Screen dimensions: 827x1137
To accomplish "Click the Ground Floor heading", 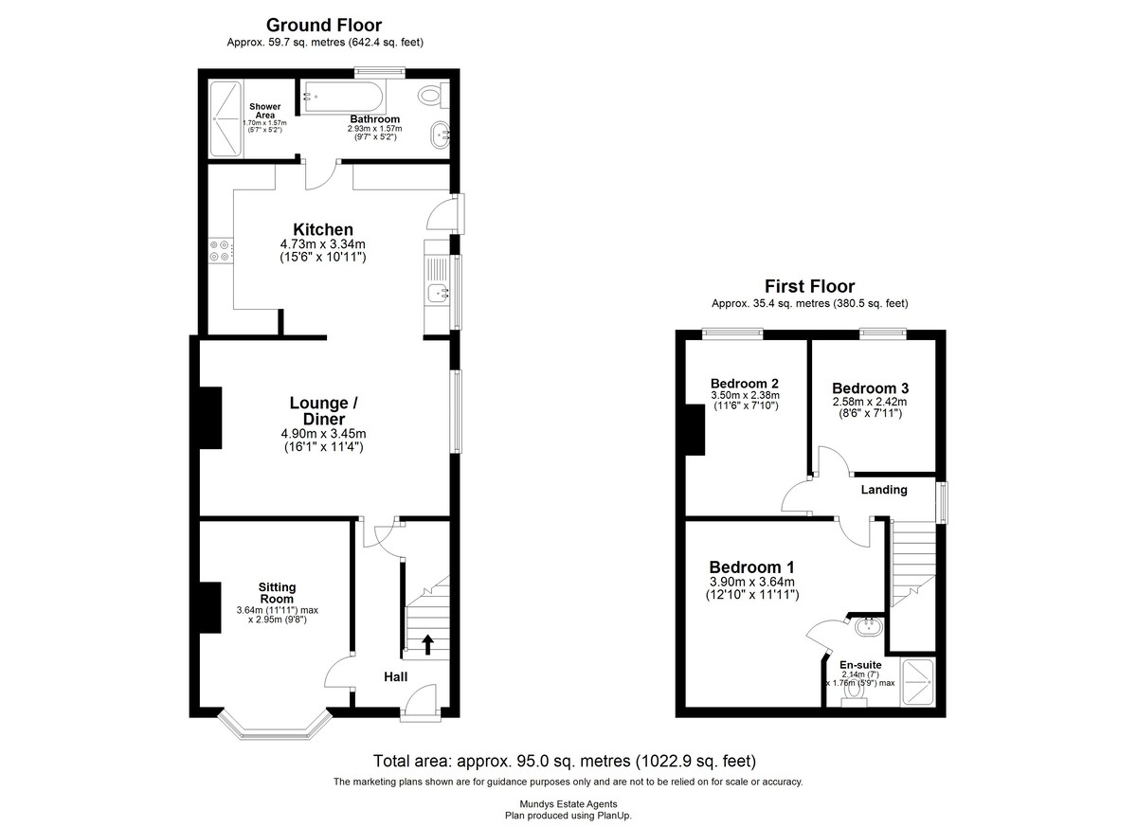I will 324,25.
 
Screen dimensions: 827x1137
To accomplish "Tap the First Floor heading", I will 809,286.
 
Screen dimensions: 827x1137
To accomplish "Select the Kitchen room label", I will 323,229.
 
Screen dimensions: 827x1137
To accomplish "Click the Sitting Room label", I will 277,593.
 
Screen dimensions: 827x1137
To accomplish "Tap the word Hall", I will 395,677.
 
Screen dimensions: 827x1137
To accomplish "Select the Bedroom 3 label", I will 870,388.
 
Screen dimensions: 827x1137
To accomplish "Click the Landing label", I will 883,490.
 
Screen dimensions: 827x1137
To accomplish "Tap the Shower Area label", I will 263,111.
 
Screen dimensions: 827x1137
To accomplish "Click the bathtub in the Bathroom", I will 342,96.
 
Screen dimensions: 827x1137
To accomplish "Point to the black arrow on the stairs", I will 427,644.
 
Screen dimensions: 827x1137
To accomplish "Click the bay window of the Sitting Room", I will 274,729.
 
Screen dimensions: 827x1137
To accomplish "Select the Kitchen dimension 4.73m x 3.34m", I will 323,244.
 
